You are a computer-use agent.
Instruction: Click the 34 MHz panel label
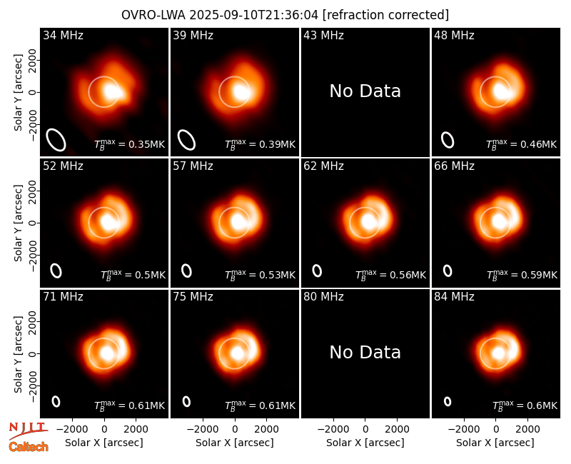coord(63,35)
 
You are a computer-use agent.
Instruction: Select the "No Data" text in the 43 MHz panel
coord(365,91)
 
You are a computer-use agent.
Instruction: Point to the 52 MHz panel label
coord(63,166)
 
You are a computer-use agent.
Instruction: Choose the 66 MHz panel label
coord(454,166)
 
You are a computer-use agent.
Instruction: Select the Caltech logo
coord(29,447)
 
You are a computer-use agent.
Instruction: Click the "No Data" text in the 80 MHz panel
coord(365,352)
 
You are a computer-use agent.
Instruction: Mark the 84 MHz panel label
coord(454,296)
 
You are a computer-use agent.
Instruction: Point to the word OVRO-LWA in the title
coord(153,15)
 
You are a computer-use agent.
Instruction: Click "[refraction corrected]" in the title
coord(385,15)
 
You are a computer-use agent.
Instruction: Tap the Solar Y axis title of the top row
coord(18,93)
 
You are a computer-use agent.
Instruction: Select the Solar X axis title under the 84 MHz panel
coord(495,443)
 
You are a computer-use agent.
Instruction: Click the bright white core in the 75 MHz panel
coord(238,353)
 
